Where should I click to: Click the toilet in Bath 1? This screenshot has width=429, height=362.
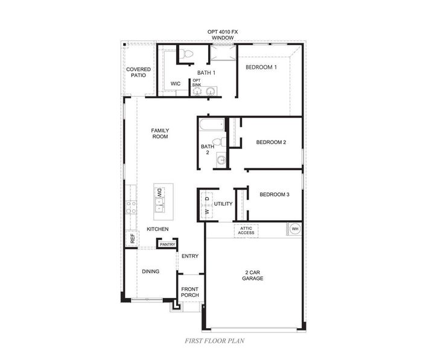pyautogui.click(x=188, y=54)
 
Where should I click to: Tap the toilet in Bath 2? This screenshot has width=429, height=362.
pyautogui.click(x=219, y=142)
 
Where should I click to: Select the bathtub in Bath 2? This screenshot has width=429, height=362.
pyautogui.click(x=212, y=124)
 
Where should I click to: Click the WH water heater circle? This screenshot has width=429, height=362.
pyautogui.click(x=295, y=229)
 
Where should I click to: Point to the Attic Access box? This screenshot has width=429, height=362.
pyautogui.click(x=246, y=230)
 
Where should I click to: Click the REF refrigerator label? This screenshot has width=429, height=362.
pyautogui.click(x=133, y=238)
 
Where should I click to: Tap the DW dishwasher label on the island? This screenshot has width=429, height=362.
pyautogui.click(x=159, y=192)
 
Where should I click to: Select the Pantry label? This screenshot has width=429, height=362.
pyautogui.click(x=168, y=244)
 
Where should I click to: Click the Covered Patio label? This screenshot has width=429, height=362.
pyautogui.click(x=138, y=72)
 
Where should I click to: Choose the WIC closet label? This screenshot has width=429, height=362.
pyautogui.click(x=176, y=83)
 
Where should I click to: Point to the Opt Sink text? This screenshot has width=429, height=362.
pyautogui.click(x=197, y=83)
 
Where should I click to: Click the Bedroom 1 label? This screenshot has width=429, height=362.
pyautogui.click(x=261, y=67)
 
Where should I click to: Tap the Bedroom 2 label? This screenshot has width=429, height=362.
pyautogui.click(x=271, y=142)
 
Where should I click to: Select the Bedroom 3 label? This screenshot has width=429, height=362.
pyautogui.click(x=275, y=194)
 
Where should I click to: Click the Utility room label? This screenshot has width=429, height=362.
pyautogui.click(x=223, y=204)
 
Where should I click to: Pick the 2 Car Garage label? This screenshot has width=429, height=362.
pyautogui.click(x=253, y=275)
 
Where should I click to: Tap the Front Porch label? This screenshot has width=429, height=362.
pyautogui.click(x=190, y=292)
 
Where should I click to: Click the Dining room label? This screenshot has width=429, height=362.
pyautogui.click(x=150, y=271)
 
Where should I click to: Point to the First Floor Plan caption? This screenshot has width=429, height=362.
pyautogui.click(x=215, y=341)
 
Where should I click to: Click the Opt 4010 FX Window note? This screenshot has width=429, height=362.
pyautogui.click(x=223, y=35)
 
